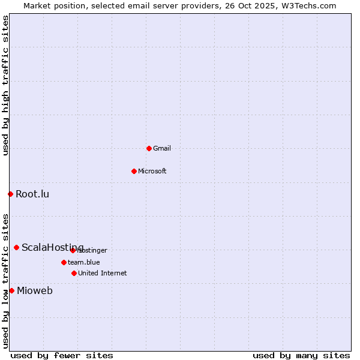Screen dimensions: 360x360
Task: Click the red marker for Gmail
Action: (x=149, y=148)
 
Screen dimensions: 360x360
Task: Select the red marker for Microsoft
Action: (x=134, y=171)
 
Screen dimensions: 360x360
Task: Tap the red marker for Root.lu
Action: (x=10, y=194)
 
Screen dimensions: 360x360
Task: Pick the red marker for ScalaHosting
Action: (x=16, y=247)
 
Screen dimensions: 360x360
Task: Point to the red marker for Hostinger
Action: (x=73, y=250)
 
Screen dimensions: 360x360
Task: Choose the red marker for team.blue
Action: (x=64, y=262)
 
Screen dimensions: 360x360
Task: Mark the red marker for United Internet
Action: (x=74, y=273)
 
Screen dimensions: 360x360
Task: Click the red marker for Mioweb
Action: (x=11, y=290)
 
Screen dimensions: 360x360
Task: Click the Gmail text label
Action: (x=162, y=148)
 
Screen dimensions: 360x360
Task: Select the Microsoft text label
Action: (x=152, y=171)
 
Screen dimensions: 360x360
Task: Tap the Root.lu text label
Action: (x=32, y=194)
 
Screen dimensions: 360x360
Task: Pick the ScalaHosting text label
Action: (x=53, y=247)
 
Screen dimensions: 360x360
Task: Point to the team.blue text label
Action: (x=84, y=262)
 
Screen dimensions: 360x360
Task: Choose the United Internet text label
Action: (x=103, y=273)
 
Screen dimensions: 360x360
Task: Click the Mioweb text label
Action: (x=35, y=291)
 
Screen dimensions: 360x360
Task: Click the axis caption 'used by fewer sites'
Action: (x=62, y=355)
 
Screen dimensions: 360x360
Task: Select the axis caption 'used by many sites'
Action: (x=301, y=355)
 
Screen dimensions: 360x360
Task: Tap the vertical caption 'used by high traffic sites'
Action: (x=5, y=85)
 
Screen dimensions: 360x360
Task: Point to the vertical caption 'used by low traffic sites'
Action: (x=5, y=281)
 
